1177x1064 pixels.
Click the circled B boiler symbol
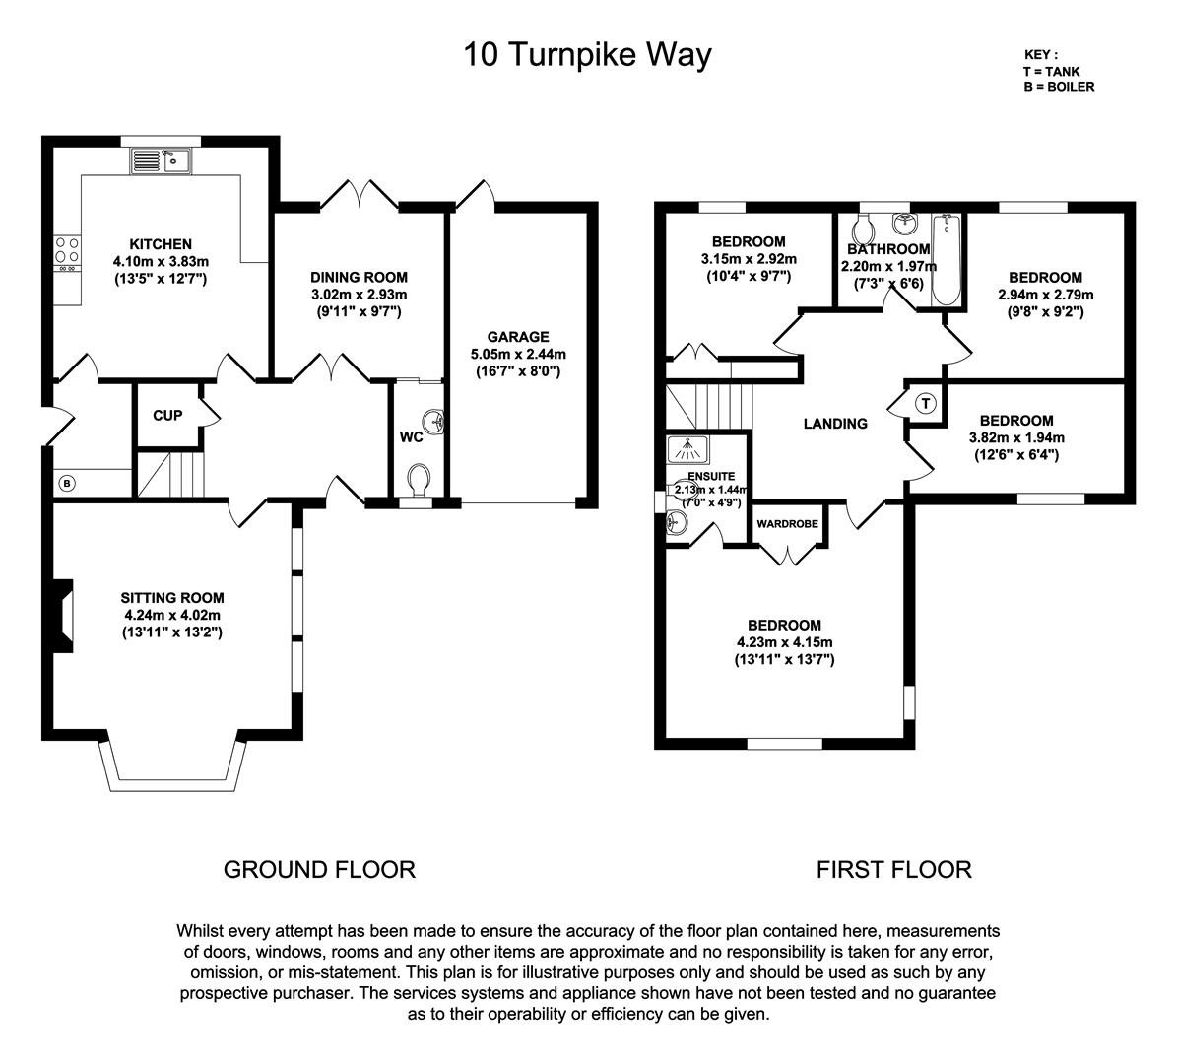pos(67,484)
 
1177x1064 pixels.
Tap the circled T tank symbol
pos(926,404)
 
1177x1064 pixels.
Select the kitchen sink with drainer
pos(162,161)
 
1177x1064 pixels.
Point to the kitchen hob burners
pos(68,254)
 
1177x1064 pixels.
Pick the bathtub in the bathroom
pos(946,260)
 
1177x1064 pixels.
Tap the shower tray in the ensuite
pos(687,449)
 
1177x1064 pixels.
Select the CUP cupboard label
pos(167,415)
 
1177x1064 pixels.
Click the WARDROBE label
pos(787,523)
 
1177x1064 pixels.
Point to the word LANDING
pos(835,424)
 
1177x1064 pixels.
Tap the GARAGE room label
pos(518,336)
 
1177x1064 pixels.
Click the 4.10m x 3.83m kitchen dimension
pos(161,261)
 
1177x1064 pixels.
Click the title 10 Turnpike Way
pos(588,55)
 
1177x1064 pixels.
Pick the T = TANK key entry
pos(1051,71)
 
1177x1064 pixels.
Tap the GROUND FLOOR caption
pos(319,870)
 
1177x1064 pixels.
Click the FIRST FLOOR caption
pos(894,870)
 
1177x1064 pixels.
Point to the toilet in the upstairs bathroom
pos(863,227)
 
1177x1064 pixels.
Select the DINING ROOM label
pos(359,277)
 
